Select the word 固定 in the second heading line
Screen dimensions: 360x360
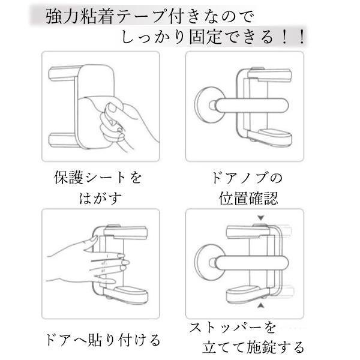206,37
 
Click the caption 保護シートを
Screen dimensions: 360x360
98,178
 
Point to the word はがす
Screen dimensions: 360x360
100,199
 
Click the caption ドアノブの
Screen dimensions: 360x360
246,178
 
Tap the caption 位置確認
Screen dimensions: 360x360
248,199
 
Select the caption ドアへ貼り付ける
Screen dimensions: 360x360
103,340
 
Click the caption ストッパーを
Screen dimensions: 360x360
232,328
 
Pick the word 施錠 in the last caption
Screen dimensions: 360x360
262,347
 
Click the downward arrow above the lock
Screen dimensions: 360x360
260,218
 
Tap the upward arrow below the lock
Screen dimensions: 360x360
260,305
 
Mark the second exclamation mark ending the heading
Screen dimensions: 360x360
302,37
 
